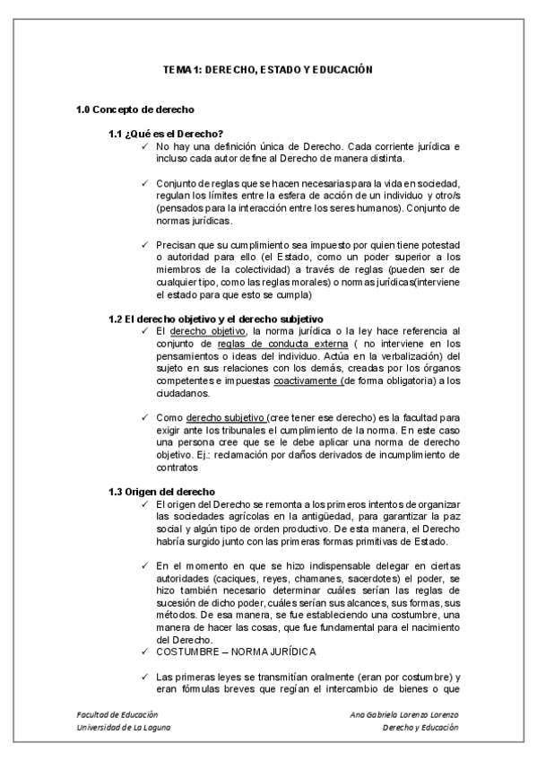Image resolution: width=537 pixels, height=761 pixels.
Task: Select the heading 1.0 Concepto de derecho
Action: pos(135,110)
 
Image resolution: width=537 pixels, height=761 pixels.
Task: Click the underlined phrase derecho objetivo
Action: pos(202,331)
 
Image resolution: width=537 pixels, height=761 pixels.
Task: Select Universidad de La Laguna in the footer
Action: pos(124,728)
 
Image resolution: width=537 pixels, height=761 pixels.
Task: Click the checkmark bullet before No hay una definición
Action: pos(144,145)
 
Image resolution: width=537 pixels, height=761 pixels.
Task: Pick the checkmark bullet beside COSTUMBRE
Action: pos(144,652)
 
